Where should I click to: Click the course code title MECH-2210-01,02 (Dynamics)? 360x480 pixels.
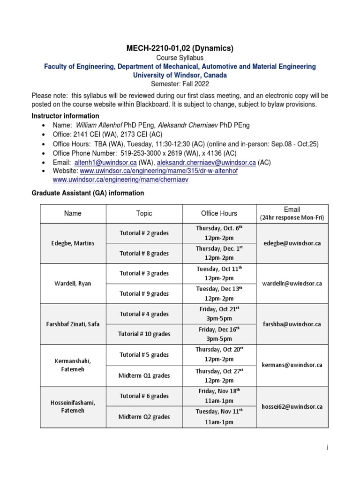[180, 48]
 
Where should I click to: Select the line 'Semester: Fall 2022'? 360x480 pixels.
[180, 84]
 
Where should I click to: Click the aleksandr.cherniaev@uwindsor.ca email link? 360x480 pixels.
[206, 162]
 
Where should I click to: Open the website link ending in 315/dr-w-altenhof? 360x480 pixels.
[159, 171]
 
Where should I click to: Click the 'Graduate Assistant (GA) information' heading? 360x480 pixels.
[88, 193]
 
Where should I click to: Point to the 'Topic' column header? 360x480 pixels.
[144, 213]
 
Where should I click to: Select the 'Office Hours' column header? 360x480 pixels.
[219, 213]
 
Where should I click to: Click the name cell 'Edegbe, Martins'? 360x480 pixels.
[73, 243]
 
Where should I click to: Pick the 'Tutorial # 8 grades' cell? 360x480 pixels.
[144, 253]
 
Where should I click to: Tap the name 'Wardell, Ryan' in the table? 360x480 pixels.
[73, 284]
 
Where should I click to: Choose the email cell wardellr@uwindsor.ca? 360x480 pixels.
[292, 284]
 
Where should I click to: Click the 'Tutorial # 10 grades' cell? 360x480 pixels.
[144, 334]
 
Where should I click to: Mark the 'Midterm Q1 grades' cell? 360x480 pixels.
[144, 375]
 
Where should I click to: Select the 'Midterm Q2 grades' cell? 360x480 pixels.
[144, 416]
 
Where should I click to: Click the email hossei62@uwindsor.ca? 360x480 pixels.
[292, 406]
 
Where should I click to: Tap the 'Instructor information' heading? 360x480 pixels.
[65, 116]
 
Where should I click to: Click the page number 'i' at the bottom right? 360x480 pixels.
[328, 448]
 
